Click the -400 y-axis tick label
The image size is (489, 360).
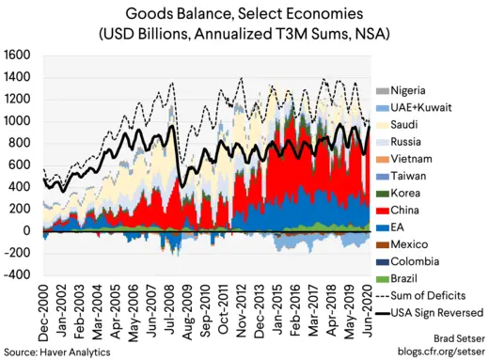pos(18,274)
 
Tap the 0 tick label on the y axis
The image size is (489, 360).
pos(28,230)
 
